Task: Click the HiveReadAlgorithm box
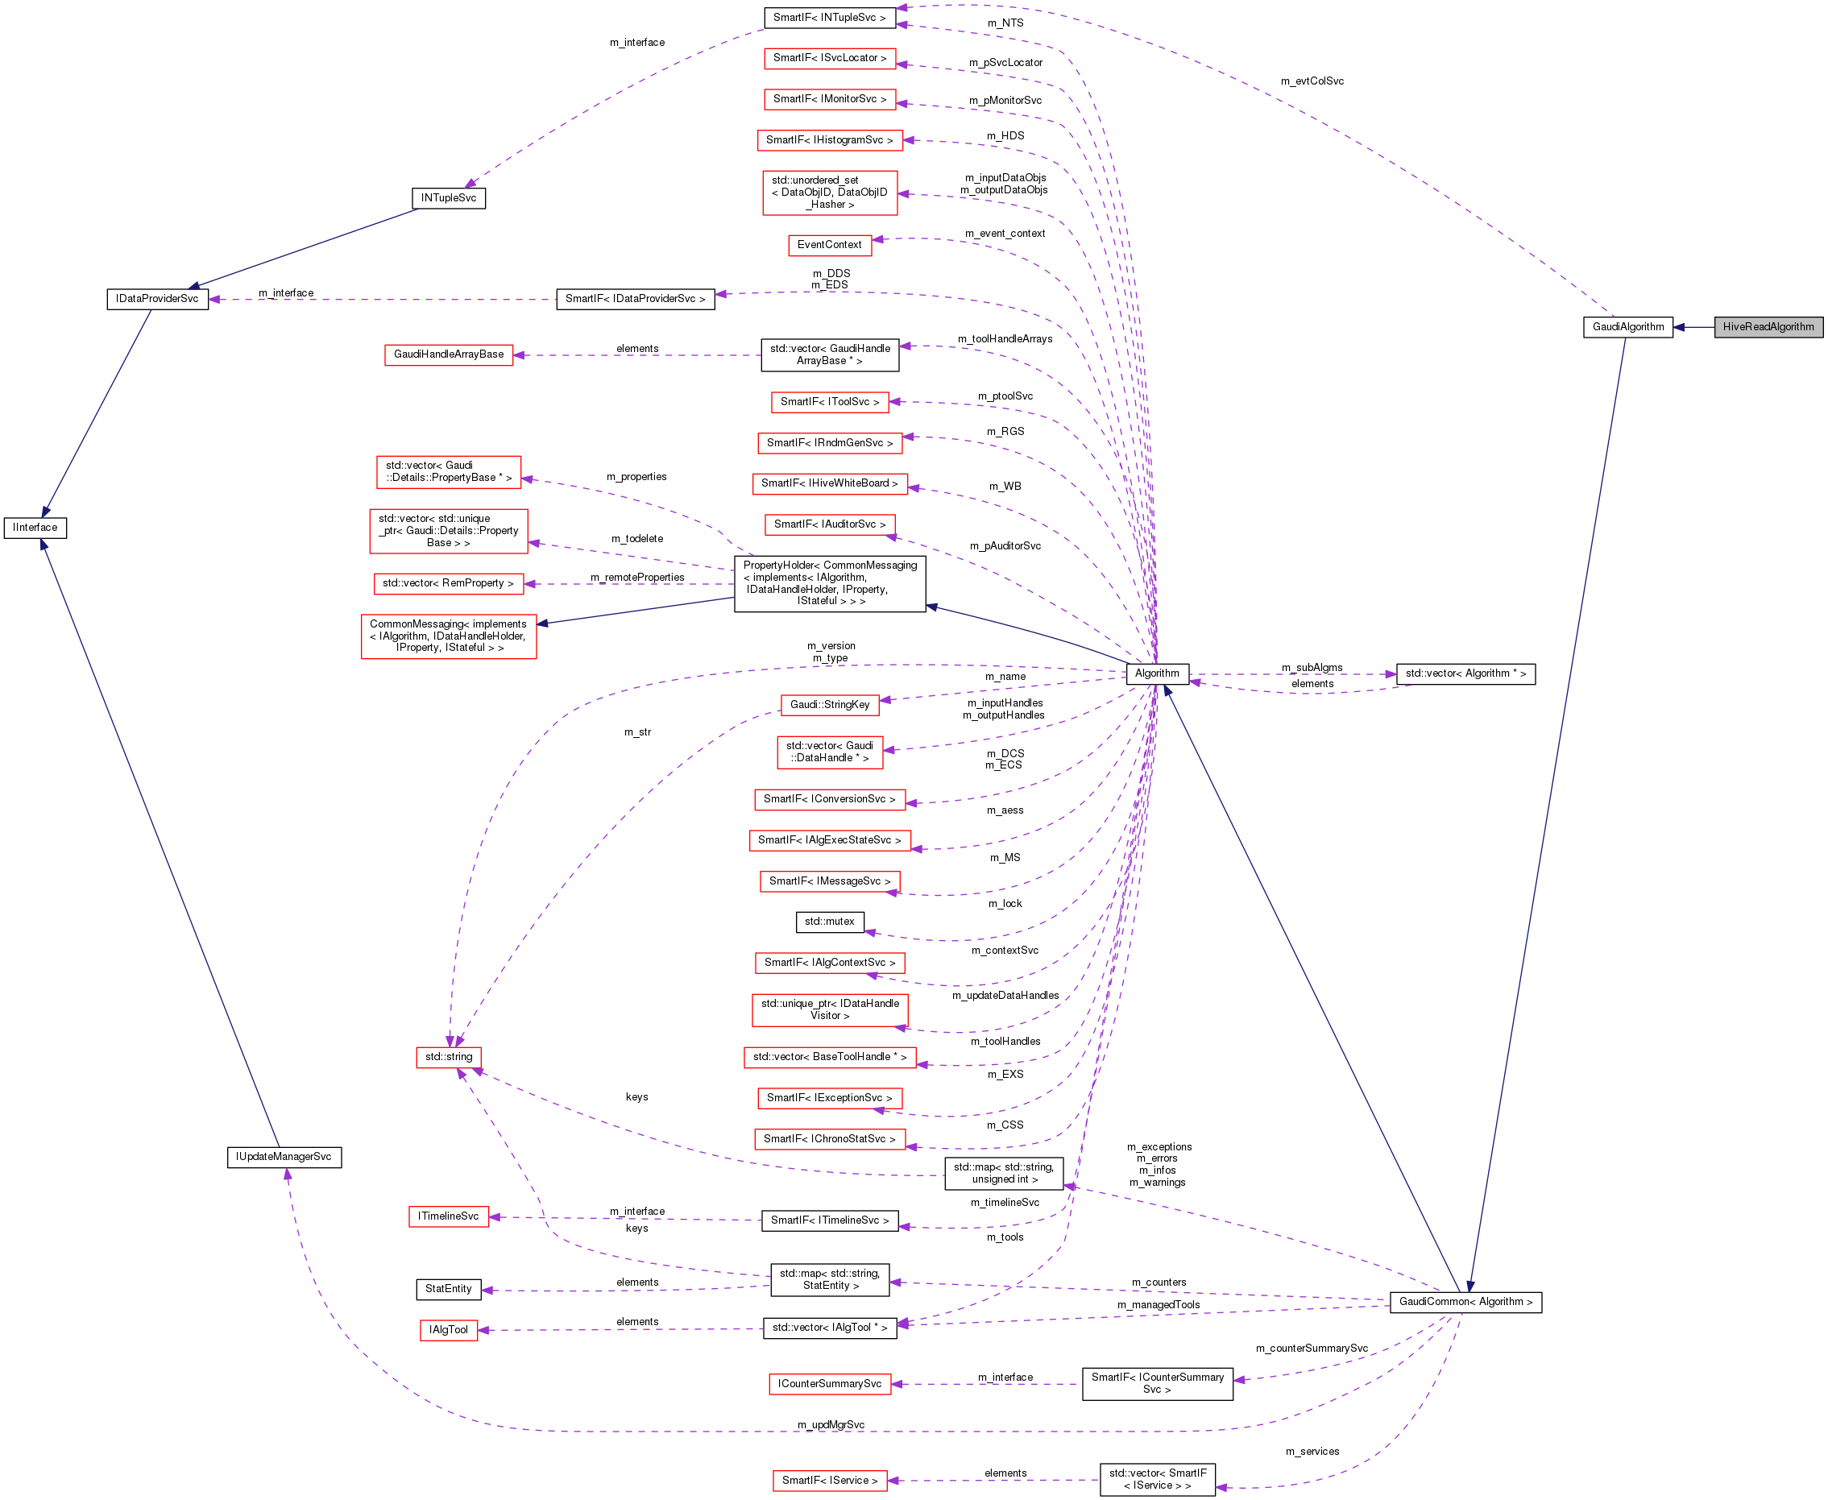pos(1768,326)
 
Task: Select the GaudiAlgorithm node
pos(1627,326)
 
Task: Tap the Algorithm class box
pos(1157,673)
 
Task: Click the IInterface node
pos(35,527)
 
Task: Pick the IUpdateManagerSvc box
pos(284,1156)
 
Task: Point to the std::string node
pos(449,1057)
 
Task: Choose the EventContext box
pos(829,245)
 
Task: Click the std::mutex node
pos(829,921)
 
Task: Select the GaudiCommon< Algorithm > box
pos(1465,1301)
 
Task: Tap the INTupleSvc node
pos(449,198)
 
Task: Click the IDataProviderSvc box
pos(157,299)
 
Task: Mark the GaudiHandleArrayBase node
pos(449,354)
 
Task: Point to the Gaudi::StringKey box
pos(829,704)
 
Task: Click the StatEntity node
pos(449,1288)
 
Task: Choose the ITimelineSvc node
pos(449,1216)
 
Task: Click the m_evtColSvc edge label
pos(1312,81)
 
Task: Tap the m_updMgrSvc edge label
pos(830,1424)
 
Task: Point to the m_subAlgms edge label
pos(1312,667)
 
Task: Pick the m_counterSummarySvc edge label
pos(1312,1348)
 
